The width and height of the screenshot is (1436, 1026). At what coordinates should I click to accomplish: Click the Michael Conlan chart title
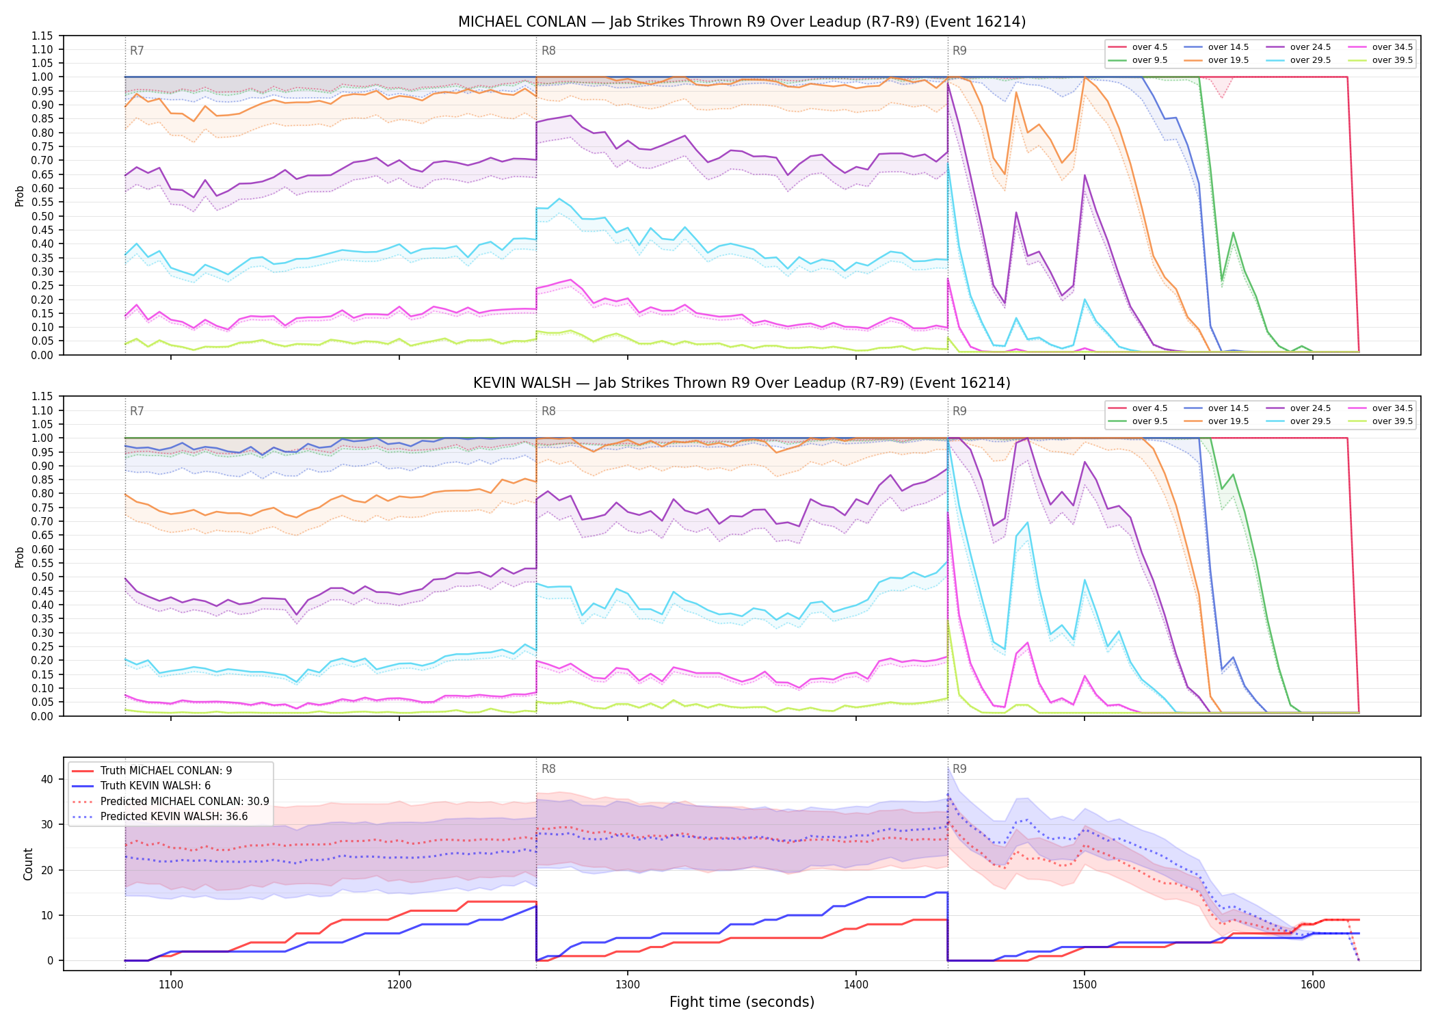[742, 22]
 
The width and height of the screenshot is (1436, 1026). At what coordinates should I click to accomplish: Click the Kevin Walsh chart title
[742, 383]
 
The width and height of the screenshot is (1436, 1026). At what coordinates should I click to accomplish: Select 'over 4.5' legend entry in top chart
[1138, 47]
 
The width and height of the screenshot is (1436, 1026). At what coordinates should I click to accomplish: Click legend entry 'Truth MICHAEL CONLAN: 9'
[152, 770]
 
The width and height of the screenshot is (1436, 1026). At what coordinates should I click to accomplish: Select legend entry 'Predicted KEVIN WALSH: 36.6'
[160, 816]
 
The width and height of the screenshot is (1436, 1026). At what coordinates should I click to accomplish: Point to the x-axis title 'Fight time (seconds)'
[742, 1002]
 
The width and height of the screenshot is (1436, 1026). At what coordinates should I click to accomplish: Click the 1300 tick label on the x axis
[628, 984]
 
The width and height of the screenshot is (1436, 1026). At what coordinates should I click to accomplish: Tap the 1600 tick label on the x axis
[1312, 984]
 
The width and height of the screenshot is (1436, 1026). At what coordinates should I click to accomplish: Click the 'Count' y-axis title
[28, 864]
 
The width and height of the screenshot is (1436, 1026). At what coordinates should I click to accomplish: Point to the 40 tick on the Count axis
[47, 779]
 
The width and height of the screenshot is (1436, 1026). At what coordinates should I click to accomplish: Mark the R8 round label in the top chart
[548, 51]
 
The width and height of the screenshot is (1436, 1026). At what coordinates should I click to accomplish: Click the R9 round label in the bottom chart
[959, 769]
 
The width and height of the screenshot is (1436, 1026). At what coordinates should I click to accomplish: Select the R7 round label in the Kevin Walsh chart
[137, 411]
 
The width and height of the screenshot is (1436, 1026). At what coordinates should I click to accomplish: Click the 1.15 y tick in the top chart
[42, 36]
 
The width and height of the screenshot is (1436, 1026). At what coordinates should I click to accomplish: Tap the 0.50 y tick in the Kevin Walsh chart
[42, 577]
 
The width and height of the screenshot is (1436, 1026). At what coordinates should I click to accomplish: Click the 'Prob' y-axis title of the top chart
[20, 196]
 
